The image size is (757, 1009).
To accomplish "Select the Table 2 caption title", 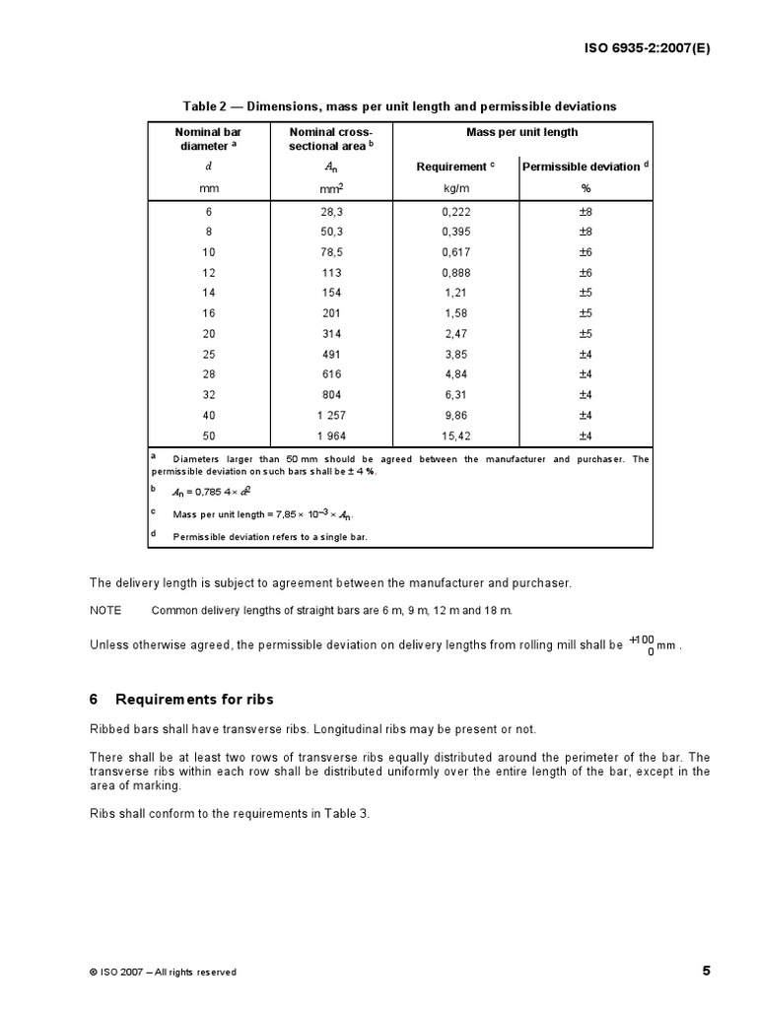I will coord(399,105).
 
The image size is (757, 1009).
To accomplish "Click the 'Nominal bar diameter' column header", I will coord(208,139).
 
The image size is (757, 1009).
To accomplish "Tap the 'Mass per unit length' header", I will coord(521,132).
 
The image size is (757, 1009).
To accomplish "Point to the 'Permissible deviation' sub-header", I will coord(585,167).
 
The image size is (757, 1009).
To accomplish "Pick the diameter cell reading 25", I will coord(208,354).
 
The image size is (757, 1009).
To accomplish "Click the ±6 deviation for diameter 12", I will coord(585,273).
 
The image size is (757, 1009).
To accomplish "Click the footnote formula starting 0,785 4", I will coord(213,492).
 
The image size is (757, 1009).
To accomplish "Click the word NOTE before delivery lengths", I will coord(105,611).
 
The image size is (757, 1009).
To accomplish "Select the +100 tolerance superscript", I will coord(642,639).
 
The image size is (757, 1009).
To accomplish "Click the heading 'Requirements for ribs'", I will coord(194,700).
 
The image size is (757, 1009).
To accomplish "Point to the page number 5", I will coord(706,971).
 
